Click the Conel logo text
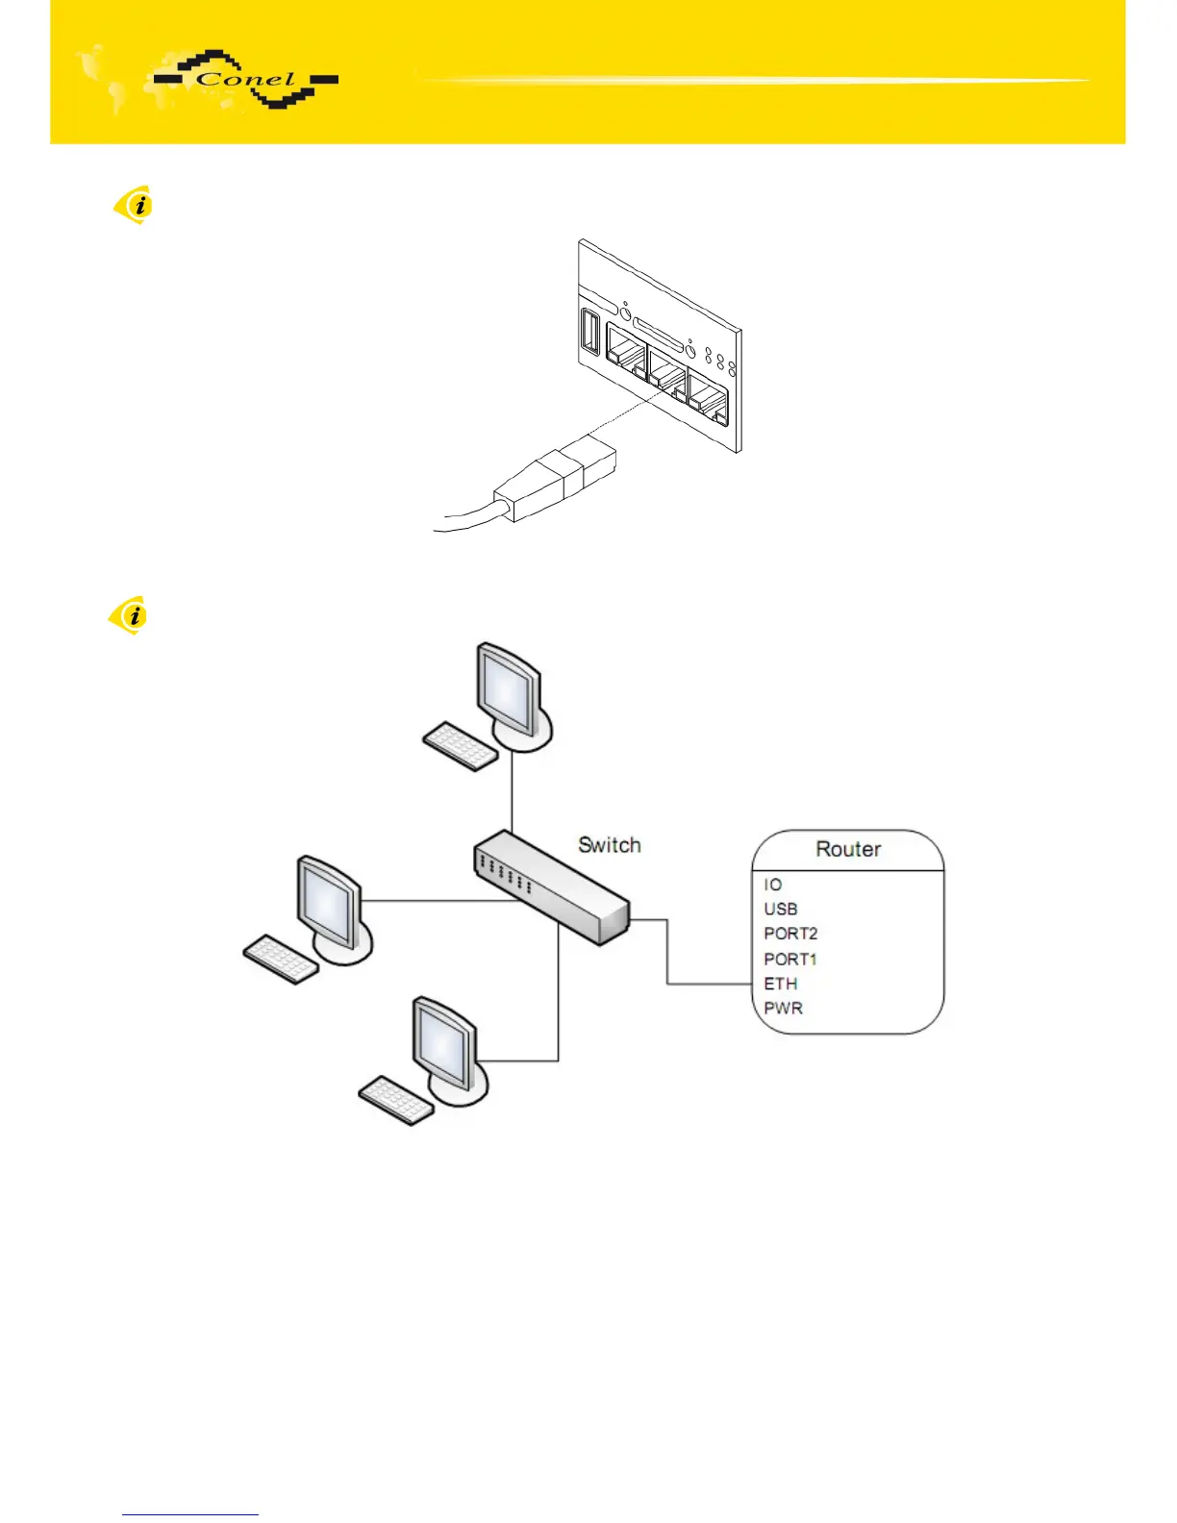pyautogui.click(x=246, y=81)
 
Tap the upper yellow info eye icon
pyautogui.click(x=135, y=204)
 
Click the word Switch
pyautogui.click(x=609, y=845)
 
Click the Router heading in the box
pyautogui.click(x=848, y=849)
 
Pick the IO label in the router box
pyautogui.click(x=773, y=885)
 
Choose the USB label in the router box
pyautogui.click(x=781, y=909)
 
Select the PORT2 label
pyautogui.click(x=790, y=934)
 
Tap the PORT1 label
pyautogui.click(x=790, y=959)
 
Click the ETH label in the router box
pyautogui.click(x=781, y=984)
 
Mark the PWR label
pyautogui.click(x=783, y=1009)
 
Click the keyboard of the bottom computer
pyautogui.click(x=396, y=1100)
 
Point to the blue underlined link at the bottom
pyautogui.click(x=190, y=1514)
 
